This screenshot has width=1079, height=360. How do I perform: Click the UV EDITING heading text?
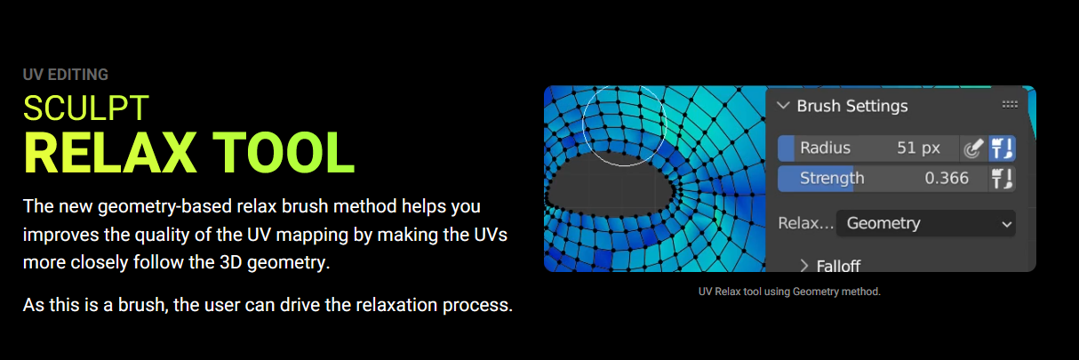[x=66, y=75]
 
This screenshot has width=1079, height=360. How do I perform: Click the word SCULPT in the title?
[x=85, y=108]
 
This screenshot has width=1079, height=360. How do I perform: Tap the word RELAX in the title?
[x=110, y=153]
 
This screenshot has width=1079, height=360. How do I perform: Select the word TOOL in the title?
[x=284, y=153]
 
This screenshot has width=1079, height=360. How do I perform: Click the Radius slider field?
[x=868, y=148]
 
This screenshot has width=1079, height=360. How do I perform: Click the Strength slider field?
[x=883, y=179]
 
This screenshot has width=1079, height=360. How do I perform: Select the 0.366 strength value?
[x=946, y=179]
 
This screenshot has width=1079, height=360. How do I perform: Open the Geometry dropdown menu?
[x=926, y=223]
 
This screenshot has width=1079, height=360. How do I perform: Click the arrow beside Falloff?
[x=804, y=266]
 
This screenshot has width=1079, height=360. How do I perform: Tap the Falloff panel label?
[x=838, y=266]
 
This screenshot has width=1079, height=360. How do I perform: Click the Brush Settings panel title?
[x=852, y=106]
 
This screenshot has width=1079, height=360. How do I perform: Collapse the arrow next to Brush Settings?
[x=784, y=106]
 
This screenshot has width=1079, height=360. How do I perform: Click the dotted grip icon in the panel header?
[x=1010, y=105]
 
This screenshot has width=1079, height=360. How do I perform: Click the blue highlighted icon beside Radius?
[x=1002, y=148]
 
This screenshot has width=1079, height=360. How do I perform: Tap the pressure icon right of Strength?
[x=1002, y=179]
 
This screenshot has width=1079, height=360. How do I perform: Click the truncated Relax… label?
[x=805, y=223]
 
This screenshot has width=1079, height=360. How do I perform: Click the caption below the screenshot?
[x=789, y=292]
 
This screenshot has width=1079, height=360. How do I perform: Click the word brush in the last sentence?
[x=142, y=305]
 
